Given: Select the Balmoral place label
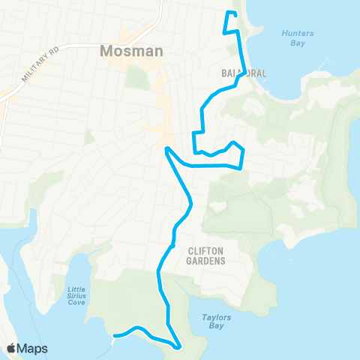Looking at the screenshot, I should pyautogui.click(x=244, y=73).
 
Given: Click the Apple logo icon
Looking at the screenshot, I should pyautogui.click(x=12, y=348).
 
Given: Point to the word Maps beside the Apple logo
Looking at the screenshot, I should pyautogui.click(x=33, y=348).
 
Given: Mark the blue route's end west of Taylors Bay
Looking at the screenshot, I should pyautogui.click(x=114, y=335).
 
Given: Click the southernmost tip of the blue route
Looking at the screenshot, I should pyautogui.click(x=177, y=347).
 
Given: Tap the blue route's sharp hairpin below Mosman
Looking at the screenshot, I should pyautogui.click(x=166, y=148).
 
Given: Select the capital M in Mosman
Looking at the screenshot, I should pyautogui.click(x=105, y=52).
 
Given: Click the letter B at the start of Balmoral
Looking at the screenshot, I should pyautogui.click(x=224, y=73).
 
